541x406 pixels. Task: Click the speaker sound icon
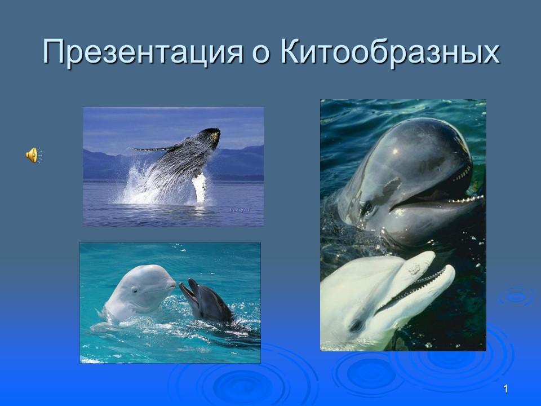pyautogui.click(x=32, y=155)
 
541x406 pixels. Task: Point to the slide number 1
pyautogui.click(x=506, y=389)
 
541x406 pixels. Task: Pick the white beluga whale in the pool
pyautogui.click(x=135, y=296)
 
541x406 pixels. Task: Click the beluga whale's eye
pyautogui.click(x=135, y=290)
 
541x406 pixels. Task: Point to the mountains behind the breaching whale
pyautogui.click(x=242, y=161)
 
